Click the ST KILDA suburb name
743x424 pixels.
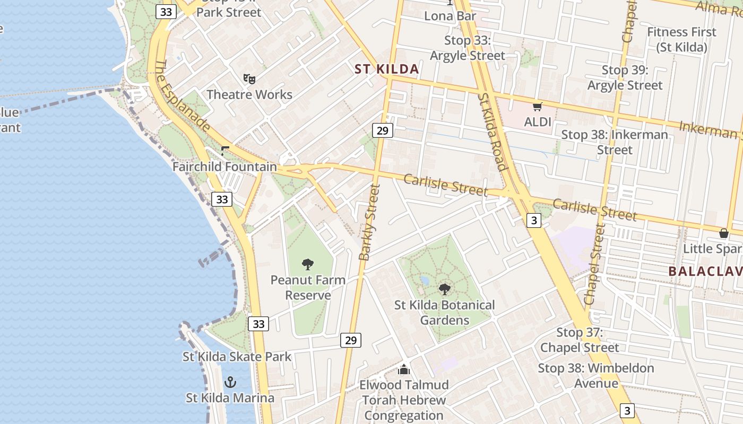coord(386,69)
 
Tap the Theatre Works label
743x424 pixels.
coord(249,94)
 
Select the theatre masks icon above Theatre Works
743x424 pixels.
coord(249,79)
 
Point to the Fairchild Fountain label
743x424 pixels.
coord(224,166)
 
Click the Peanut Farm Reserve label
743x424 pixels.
coord(308,287)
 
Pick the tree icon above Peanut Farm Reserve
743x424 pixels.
coord(308,264)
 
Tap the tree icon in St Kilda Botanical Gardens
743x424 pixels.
coord(445,289)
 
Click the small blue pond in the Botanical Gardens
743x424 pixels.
coord(424,279)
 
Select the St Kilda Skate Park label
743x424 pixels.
coord(237,357)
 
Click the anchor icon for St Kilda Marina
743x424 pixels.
coord(230,382)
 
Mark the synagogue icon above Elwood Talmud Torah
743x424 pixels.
coord(404,369)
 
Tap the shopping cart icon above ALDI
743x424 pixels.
coord(538,107)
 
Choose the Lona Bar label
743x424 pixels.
coord(450,16)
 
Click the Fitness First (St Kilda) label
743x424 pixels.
coord(681,39)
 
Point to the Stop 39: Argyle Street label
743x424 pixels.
coord(625,77)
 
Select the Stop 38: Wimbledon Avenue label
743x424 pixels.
coord(596,375)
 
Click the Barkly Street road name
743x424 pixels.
coord(370,222)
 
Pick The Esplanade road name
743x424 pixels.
coord(182,95)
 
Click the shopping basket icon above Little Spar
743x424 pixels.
coord(723,233)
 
